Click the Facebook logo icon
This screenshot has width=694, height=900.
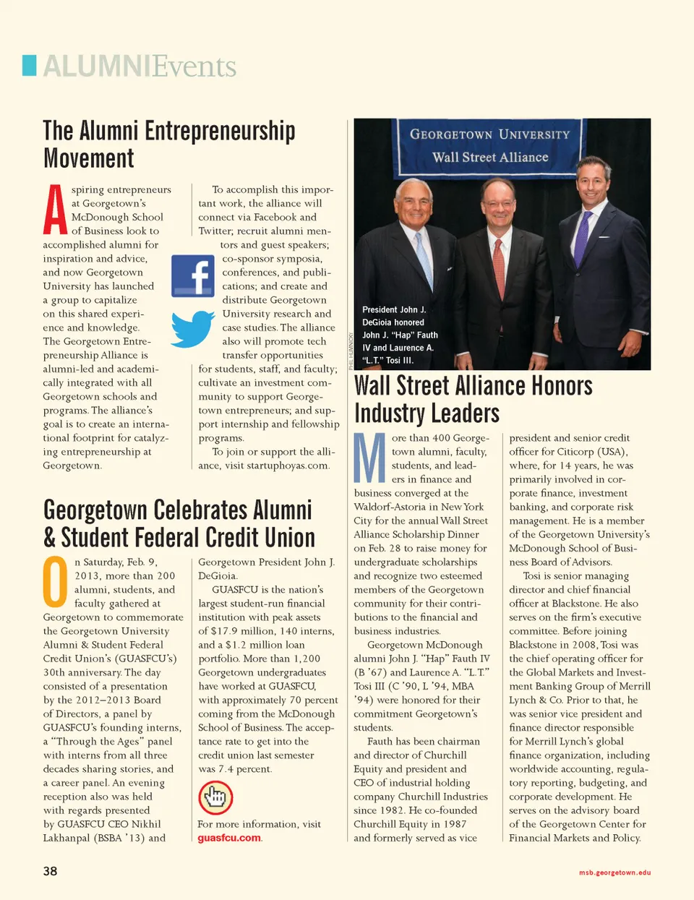[192, 276]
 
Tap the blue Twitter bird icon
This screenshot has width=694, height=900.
[193, 329]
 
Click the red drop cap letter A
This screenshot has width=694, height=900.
[55, 210]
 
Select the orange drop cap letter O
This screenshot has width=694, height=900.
[56, 582]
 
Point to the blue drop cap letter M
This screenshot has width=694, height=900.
[369, 458]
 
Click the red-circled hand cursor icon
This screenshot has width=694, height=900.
[215, 798]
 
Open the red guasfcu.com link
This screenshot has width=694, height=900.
[229, 838]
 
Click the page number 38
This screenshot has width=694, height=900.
[50, 871]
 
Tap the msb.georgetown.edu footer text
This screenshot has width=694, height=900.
[614, 873]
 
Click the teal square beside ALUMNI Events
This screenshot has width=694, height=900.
[30, 65]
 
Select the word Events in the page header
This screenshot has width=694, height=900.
[195, 67]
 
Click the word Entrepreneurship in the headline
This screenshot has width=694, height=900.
[220, 131]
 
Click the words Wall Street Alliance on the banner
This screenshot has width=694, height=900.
[490, 157]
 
